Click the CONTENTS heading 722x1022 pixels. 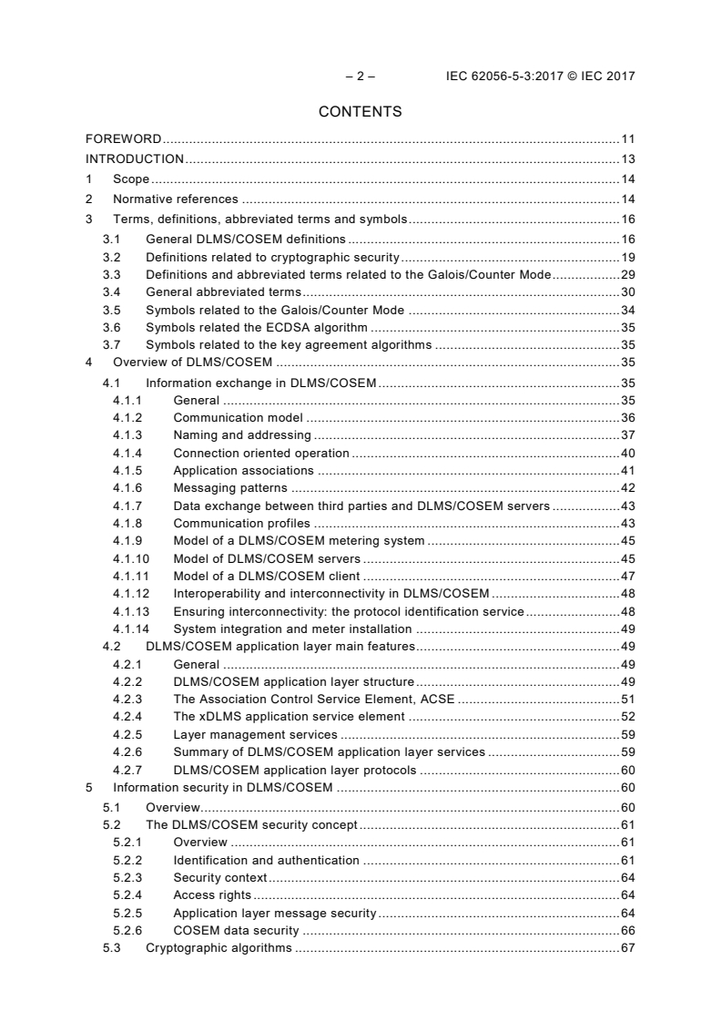pos(361,112)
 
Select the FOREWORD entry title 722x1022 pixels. pos(124,139)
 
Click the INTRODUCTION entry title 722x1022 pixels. pos(135,159)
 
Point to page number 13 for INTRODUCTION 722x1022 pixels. pos(627,159)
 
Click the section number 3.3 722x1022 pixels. pos(112,274)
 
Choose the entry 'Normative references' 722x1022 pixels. pos(176,199)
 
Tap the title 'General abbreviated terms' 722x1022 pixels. pos(223,292)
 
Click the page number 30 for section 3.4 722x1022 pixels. pos(627,292)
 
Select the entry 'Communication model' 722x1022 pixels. pos(239,417)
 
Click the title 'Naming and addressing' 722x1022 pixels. pos(242,435)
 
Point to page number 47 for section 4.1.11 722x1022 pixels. pos(627,576)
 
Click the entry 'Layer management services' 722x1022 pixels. pos(255,734)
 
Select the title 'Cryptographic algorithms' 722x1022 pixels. pos(219,948)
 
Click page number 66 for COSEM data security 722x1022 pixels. pos(627,931)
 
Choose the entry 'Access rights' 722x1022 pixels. pos(212,895)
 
